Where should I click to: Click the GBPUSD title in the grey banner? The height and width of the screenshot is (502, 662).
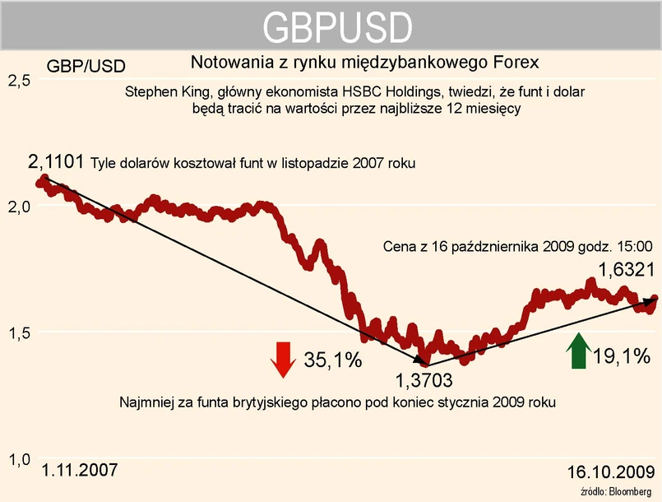click(x=337, y=28)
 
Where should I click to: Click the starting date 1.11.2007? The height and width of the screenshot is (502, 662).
click(x=79, y=471)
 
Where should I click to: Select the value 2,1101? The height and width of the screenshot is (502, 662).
click(x=55, y=162)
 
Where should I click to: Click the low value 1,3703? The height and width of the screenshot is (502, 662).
click(x=424, y=381)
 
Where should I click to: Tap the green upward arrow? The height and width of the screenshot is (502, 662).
click(x=578, y=351)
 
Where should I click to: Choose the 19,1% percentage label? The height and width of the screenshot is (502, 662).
click(x=622, y=356)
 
